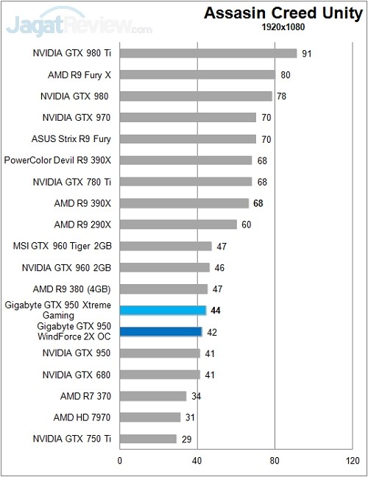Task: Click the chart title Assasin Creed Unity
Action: pos(283,13)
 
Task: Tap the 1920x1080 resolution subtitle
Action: pos(283,27)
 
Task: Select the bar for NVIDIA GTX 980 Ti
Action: pos(208,53)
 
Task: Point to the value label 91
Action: pos(306,53)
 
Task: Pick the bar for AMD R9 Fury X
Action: pos(197,74)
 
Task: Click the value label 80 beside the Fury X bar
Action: pos(285,74)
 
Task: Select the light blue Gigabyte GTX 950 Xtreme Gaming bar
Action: pos(163,311)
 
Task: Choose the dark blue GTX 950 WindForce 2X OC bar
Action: pos(160,332)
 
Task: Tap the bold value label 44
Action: pos(216,311)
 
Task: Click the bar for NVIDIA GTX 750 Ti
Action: pos(148,439)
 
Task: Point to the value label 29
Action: pos(186,439)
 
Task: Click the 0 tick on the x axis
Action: pos(120,462)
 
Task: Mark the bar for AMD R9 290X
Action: pos(178,225)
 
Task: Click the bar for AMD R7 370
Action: pos(153,396)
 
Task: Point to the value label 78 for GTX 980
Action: pos(281,96)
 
